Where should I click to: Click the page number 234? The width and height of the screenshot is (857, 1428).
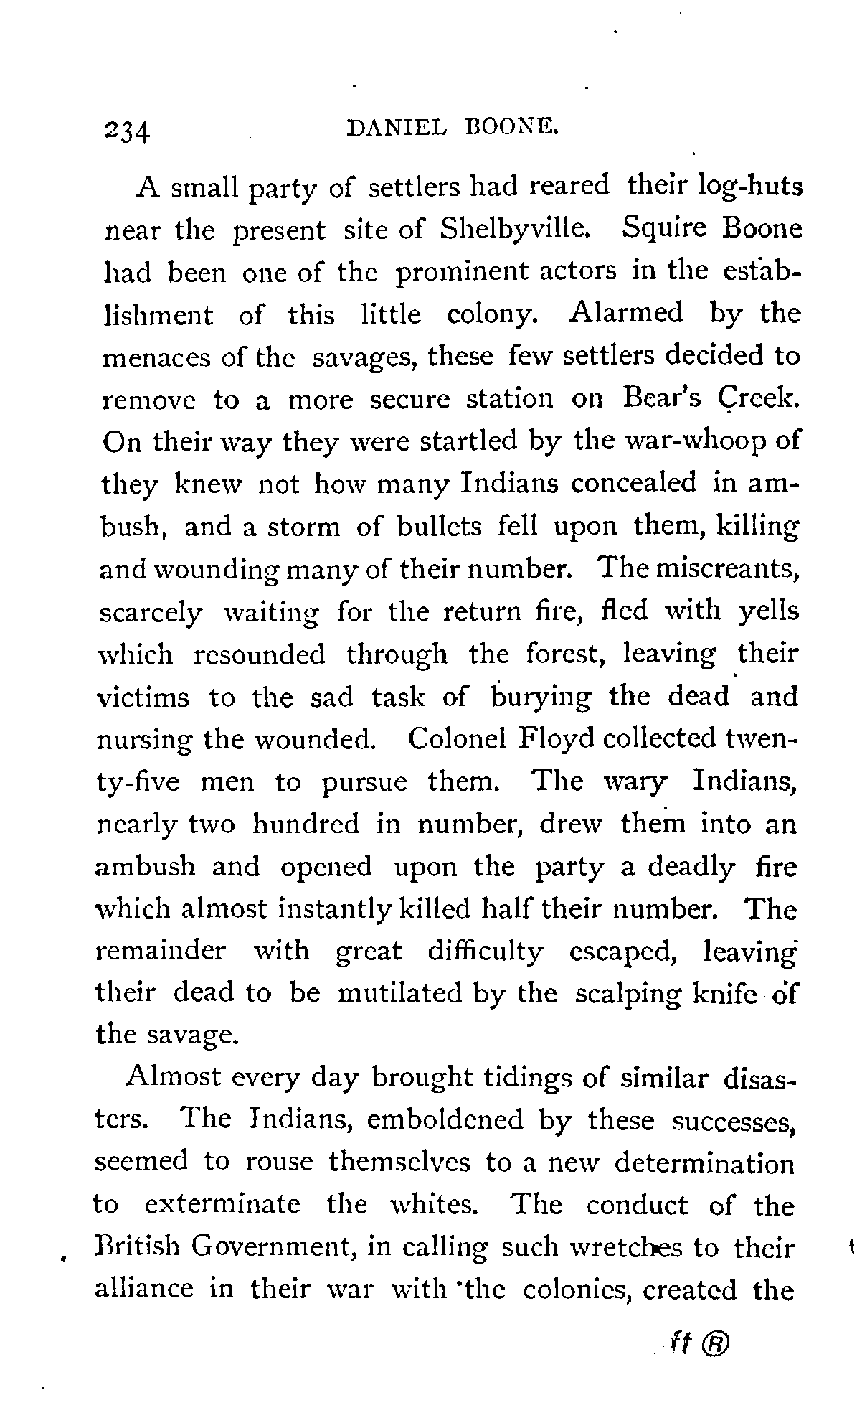(x=126, y=132)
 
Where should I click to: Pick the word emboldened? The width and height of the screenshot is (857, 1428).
(x=445, y=1120)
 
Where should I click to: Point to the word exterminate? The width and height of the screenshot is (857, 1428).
(x=222, y=1204)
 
